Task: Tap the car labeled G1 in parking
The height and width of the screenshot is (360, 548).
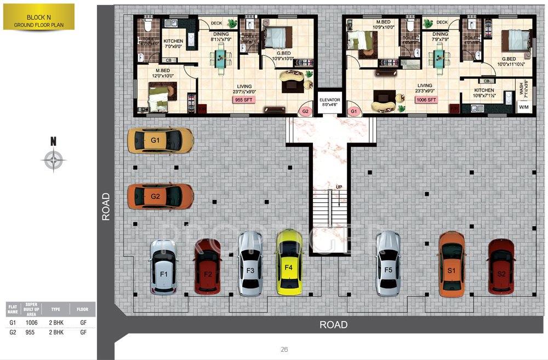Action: pyautogui.click(x=159, y=140)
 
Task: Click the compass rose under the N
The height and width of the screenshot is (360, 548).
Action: pyautogui.click(x=54, y=161)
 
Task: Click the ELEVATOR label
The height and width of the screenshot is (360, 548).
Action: pyautogui.click(x=330, y=100)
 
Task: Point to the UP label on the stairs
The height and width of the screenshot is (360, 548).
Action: pyautogui.click(x=339, y=187)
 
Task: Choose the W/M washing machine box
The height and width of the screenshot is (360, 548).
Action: pyautogui.click(x=523, y=108)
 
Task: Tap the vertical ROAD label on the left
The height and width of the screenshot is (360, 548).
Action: pyautogui.click(x=105, y=206)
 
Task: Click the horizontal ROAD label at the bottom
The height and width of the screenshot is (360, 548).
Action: pyautogui.click(x=333, y=324)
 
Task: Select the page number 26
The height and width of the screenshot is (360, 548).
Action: pyautogui.click(x=284, y=349)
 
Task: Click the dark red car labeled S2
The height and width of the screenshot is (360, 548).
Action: pyautogui.click(x=501, y=266)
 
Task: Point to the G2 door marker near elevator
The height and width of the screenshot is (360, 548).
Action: pyautogui.click(x=306, y=111)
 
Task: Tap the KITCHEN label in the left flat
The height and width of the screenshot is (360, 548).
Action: pyautogui.click(x=173, y=41)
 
